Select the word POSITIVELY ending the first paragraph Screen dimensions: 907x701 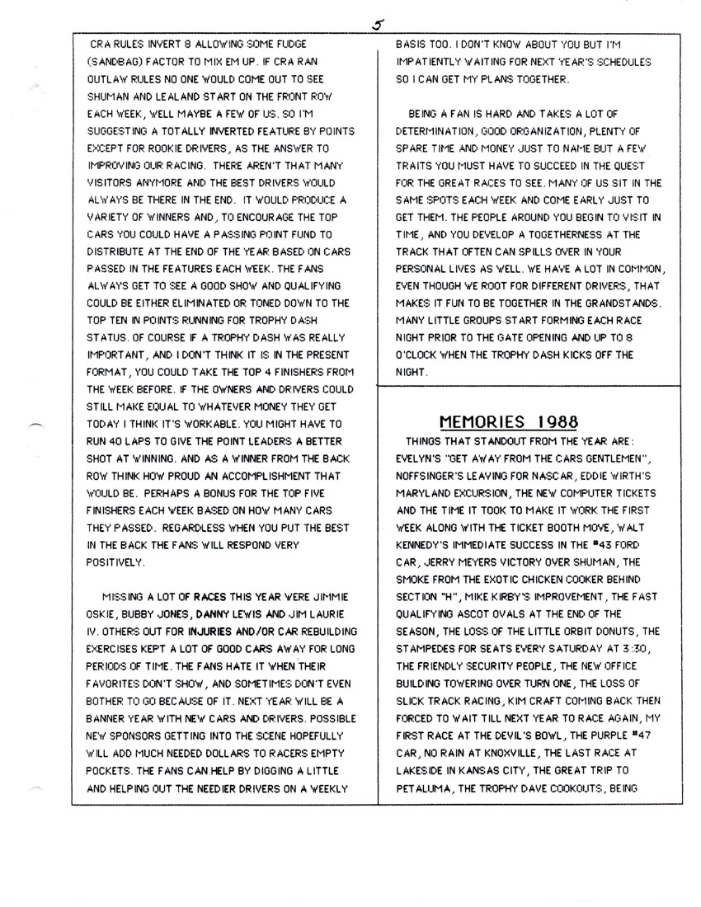[x=115, y=563]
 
